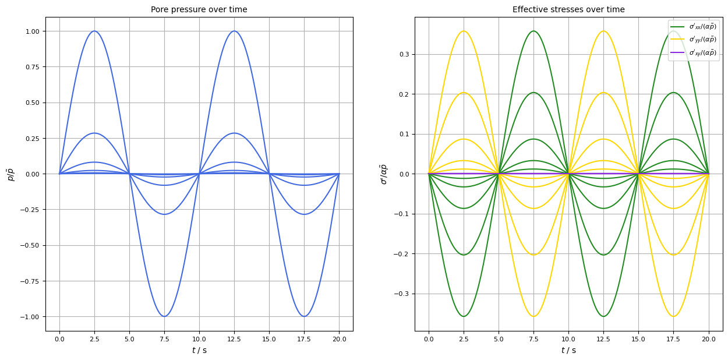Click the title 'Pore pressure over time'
tap(199, 9)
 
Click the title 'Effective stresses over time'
tap(568, 9)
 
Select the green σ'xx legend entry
tap(694, 26)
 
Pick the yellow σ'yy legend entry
tap(694, 40)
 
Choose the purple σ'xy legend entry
tap(694, 53)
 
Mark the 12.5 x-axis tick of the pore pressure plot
tap(234, 338)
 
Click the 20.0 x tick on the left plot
tap(339, 338)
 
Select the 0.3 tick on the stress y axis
tap(404, 55)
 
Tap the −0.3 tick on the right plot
tap(402, 294)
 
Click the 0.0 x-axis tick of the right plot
tap(429, 338)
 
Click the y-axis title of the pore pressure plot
tap(10, 174)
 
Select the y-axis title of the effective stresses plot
tap(383, 174)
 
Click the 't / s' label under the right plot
tap(568, 350)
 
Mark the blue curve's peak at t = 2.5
tap(94, 31)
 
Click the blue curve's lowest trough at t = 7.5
tap(164, 316)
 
